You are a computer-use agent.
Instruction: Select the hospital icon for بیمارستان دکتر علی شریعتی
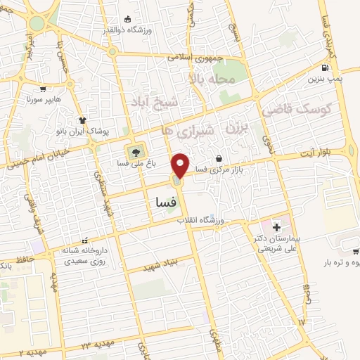[x=276, y=227]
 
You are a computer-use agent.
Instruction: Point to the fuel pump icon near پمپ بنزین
[x=324, y=68]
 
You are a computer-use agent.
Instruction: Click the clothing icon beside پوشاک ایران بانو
[x=82, y=121]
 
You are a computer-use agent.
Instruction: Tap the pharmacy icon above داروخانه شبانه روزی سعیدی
[x=85, y=240]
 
